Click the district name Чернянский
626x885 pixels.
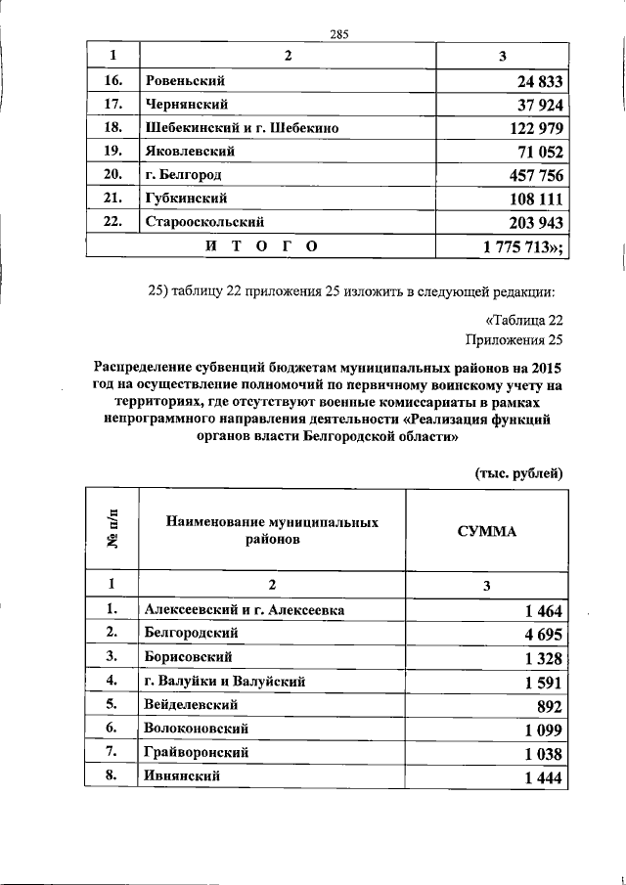(x=187, y=105)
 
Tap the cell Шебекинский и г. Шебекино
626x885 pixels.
(x=242, y=128)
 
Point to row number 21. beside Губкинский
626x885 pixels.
(x=112, y=199)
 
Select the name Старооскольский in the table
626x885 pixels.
(x=204, y=222)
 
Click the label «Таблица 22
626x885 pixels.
(x=525, y=320)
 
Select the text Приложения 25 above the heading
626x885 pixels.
(x=515, y=340)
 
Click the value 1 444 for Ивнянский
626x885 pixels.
(x=543, y=776)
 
